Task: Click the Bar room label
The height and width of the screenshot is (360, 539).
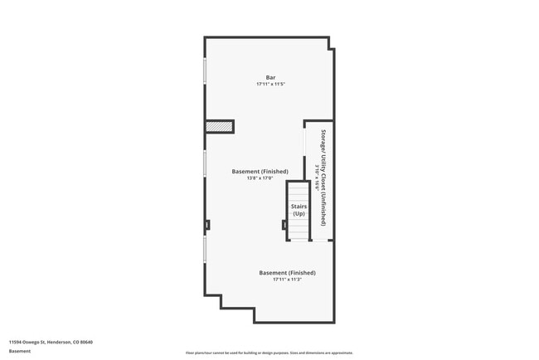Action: (270, 78)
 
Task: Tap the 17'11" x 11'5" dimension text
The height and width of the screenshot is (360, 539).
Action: (270, 85)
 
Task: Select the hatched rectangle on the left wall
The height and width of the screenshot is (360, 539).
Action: (220, 126)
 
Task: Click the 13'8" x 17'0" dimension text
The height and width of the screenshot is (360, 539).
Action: (260, 178)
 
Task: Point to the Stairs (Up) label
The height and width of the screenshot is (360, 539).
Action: (299, 210)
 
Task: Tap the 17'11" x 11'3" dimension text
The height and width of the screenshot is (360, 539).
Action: (287, 280)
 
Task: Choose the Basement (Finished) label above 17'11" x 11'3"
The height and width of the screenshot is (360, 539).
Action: (287, 273)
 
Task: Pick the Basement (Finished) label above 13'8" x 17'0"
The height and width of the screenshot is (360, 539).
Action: (260, 171)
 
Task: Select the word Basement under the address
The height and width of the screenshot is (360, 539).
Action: (20, 351)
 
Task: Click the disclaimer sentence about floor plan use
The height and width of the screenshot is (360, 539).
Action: (269, 352)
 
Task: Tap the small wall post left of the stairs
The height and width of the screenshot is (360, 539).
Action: (284, 224)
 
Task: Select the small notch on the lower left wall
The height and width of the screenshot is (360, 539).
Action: (207, 224)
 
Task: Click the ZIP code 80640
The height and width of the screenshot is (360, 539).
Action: (86, 342)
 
